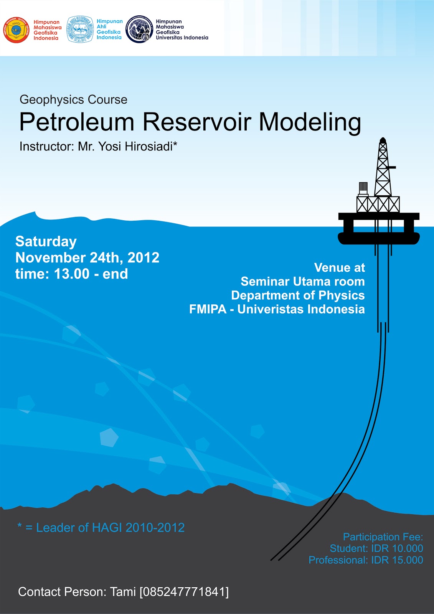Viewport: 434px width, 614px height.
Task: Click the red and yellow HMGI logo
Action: coord(17,30)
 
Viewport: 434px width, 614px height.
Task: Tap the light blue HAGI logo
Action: coord(80,29)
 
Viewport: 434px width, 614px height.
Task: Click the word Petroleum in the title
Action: coord(77,122)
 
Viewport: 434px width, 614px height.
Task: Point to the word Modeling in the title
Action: coord(310,122)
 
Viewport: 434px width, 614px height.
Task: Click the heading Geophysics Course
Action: coord(73,100)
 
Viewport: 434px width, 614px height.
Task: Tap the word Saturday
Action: coord(46,241)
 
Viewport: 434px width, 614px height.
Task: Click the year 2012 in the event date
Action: coord(143,257)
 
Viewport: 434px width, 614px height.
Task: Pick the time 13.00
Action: coord(71,274)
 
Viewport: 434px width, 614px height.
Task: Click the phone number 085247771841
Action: coord(184,592)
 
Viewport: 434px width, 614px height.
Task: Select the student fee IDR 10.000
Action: coord(397,548)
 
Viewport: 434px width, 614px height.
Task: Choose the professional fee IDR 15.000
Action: coord(397,560)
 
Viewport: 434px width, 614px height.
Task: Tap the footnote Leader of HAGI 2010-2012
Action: coord(110,528)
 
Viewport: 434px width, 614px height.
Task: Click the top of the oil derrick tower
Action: coord(383,141)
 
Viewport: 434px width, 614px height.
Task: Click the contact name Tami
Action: coord(123,592)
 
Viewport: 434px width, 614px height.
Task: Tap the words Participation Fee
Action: coord(383,537)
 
